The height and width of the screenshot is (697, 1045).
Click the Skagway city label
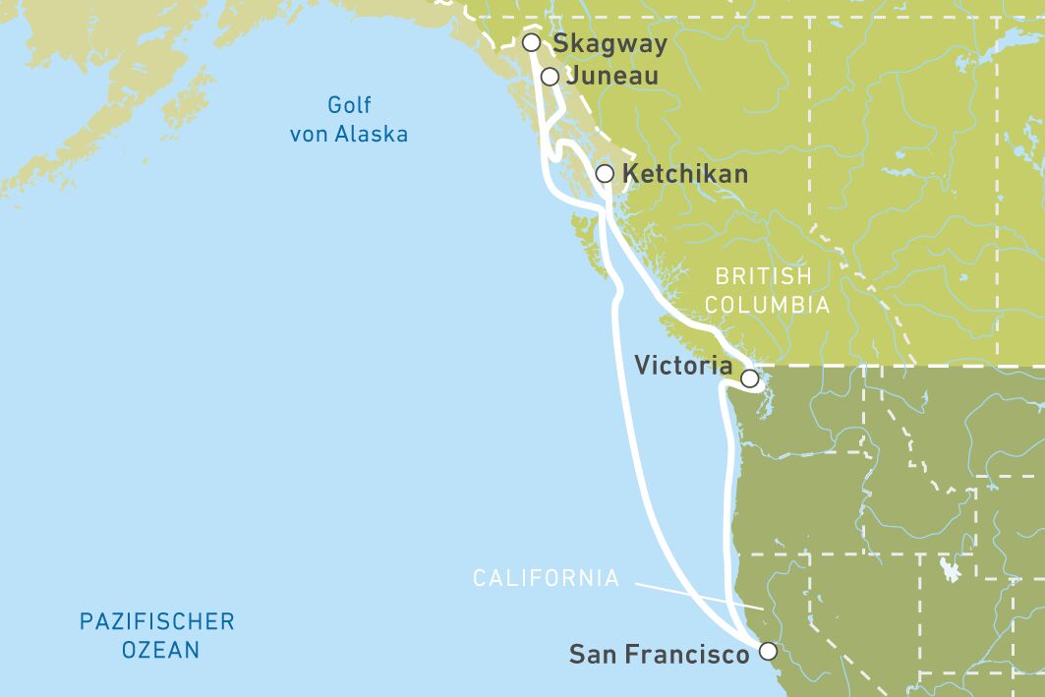610,43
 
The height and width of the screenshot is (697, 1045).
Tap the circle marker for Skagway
531,42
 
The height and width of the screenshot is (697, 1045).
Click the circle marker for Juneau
550,77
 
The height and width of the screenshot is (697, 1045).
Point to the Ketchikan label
685,174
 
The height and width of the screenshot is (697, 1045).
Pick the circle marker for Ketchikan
605,174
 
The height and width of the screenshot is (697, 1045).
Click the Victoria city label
683,366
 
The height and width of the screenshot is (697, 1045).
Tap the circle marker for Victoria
749,378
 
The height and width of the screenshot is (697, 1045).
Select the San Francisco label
659,654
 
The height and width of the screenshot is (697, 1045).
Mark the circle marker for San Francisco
768,651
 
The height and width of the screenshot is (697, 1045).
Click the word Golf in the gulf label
349,106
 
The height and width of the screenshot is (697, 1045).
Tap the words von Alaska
349,135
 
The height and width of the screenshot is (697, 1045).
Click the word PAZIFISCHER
157,621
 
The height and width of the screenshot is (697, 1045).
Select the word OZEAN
160,650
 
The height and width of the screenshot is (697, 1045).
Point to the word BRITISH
763,277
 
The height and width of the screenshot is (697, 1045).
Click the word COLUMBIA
767,306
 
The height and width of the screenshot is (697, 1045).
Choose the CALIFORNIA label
547,578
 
